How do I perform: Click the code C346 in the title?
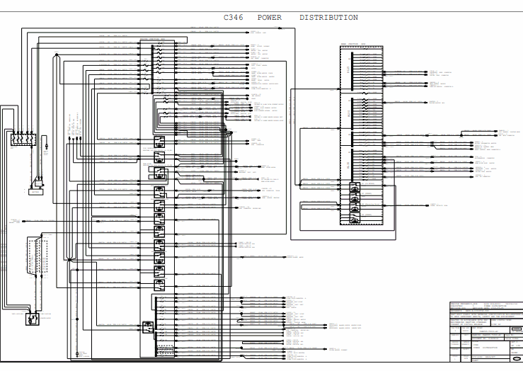[234, 18]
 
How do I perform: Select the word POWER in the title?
[269, 18]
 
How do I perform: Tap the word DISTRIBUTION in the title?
[328, 18]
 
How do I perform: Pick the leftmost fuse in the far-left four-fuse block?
[14, 138]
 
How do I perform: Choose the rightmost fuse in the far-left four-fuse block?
[33, 138]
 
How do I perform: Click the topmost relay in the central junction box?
[159, 141]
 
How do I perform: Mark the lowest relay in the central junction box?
[148, 326]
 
